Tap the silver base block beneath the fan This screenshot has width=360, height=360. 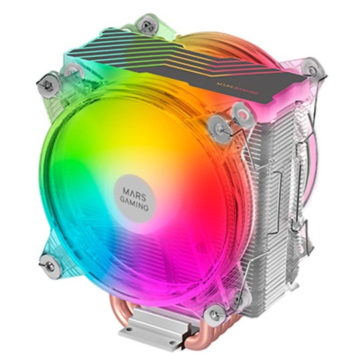[149, 330]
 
